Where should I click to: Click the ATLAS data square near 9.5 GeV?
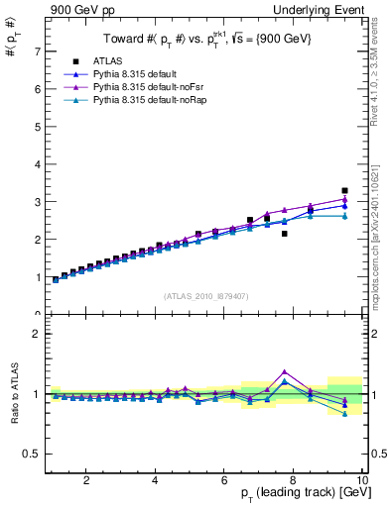tap(344, 190)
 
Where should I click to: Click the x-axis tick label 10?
tap(361, 480)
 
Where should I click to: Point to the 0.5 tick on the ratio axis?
tap(33, 454)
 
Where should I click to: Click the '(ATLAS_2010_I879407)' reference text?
tap(205, 295)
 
